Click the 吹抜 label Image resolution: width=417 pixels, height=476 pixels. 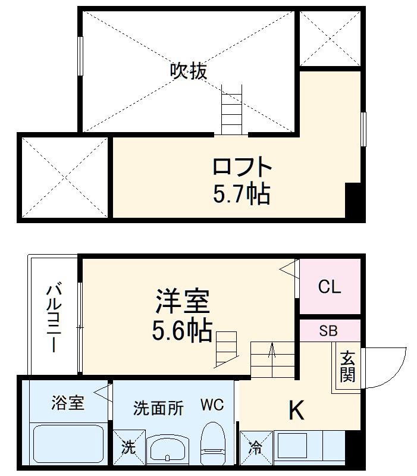coord(189,72)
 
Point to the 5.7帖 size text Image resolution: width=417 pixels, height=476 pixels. coord(242,193)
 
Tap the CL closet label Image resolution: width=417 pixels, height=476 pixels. coord(329,288)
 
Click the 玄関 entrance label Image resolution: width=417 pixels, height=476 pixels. coord(347,367)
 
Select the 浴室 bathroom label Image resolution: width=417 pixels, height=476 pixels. coord(68,403)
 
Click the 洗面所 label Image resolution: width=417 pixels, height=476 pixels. coord(158,408)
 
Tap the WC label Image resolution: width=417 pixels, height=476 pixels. coord(212,406)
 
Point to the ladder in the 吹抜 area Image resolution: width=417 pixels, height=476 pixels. coord(231,110)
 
